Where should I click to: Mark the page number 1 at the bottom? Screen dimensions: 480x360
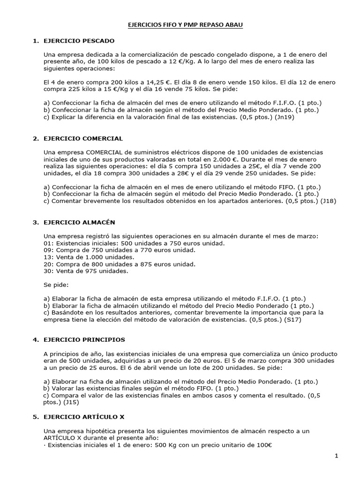[x=336, y=456]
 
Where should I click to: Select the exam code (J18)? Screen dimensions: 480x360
[x=327, y=201]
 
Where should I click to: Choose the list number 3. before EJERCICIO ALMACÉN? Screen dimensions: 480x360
[x=35, y=222]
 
